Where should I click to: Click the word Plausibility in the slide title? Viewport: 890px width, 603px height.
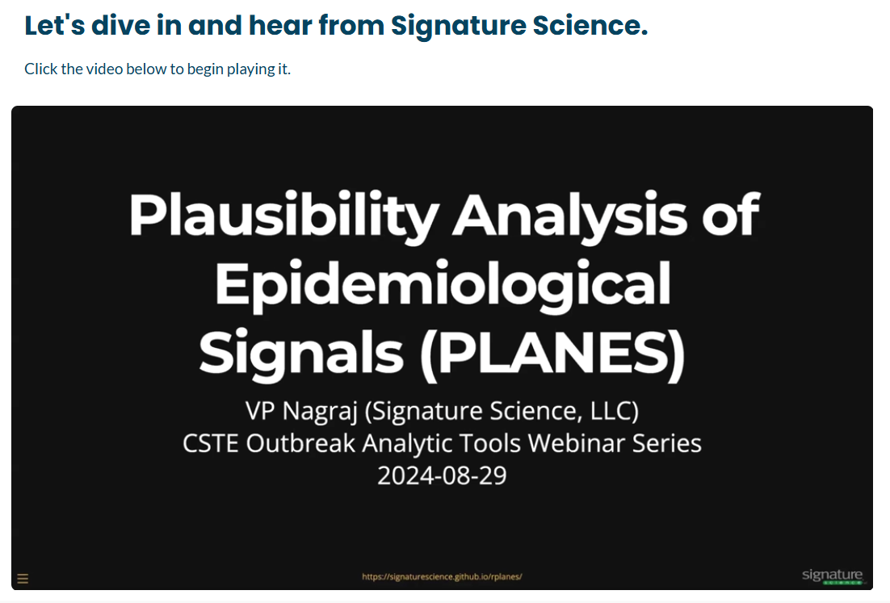(283, 216)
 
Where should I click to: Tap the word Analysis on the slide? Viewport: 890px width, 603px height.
(569, 216)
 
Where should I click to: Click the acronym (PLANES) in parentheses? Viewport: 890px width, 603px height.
(552, 354)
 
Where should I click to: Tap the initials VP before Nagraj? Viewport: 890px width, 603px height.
(261, 410)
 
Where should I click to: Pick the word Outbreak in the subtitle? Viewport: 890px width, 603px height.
(300, 443)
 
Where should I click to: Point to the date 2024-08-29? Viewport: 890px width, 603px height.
(442, 475)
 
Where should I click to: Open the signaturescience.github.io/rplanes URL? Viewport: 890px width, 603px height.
(442, 576)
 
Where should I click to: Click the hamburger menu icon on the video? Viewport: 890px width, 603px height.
(23, 579)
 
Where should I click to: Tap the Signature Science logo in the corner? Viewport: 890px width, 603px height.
(833, 576)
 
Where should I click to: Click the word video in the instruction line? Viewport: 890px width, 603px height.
(104, 69)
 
